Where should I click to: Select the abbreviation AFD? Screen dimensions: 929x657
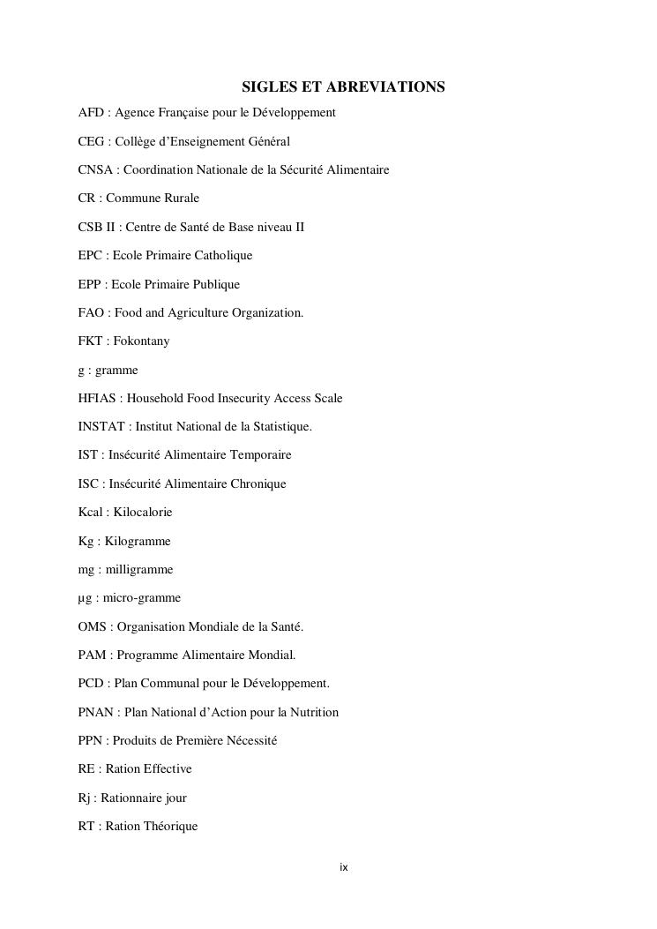[90, 113]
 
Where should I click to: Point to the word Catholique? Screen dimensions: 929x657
[223, 256]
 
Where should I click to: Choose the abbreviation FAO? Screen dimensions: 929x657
[91, 312]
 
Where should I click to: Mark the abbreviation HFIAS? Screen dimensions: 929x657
[97, 398]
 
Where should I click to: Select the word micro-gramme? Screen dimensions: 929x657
[142, 598]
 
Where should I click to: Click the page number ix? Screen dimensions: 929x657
[344, 868]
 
